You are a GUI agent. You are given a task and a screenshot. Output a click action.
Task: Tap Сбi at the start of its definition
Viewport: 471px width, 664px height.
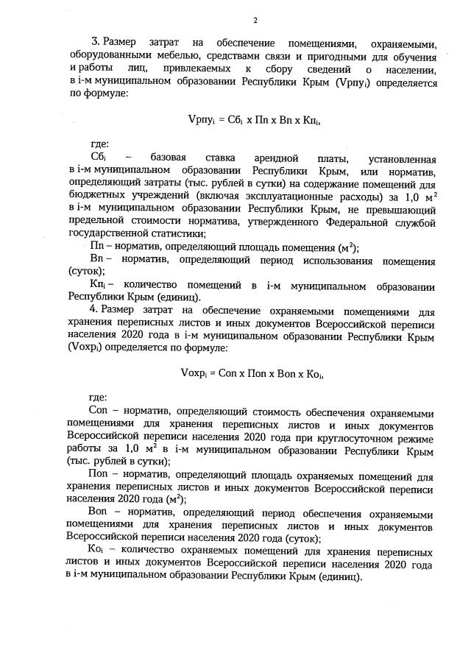click(x=99, y=158)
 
